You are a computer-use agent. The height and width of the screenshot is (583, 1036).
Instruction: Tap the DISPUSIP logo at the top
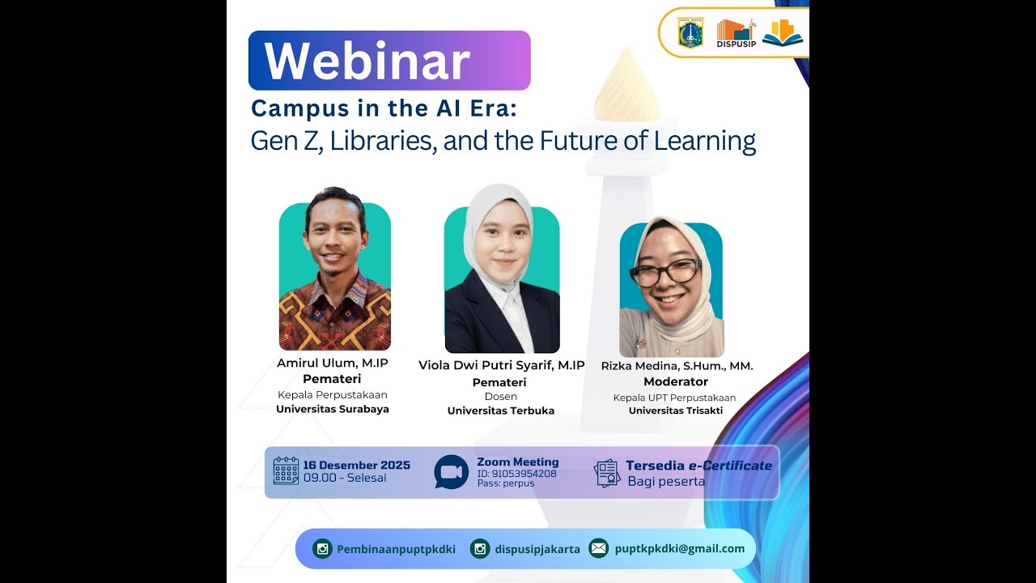736,33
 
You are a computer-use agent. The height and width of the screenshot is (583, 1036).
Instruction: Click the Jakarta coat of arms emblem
690,33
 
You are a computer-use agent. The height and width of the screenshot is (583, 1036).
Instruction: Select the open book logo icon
782,33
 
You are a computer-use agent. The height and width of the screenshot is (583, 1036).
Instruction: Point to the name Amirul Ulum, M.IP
333,364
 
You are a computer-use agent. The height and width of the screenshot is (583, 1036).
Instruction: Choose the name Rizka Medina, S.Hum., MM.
677,366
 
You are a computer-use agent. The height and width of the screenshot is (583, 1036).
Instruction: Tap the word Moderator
676,381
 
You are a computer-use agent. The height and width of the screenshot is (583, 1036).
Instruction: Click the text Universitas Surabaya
333,409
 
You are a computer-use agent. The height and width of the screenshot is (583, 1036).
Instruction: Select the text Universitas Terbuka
501,411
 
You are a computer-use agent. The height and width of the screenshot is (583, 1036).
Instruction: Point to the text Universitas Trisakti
676,411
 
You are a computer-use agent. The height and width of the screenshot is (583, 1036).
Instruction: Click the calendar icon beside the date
286,470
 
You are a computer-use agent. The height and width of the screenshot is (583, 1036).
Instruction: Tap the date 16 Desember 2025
356,465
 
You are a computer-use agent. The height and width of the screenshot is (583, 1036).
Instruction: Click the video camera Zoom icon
452,472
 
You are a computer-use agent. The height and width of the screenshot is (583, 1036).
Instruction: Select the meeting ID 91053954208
516,474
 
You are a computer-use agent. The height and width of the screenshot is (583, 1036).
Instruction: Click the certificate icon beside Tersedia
607,473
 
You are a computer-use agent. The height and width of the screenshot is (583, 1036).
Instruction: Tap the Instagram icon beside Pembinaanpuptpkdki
323,549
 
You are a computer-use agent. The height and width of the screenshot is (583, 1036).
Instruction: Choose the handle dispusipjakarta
537,549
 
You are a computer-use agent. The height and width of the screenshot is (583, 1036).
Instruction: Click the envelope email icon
598,548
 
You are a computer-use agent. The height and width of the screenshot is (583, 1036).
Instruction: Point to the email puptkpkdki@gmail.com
680,548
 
